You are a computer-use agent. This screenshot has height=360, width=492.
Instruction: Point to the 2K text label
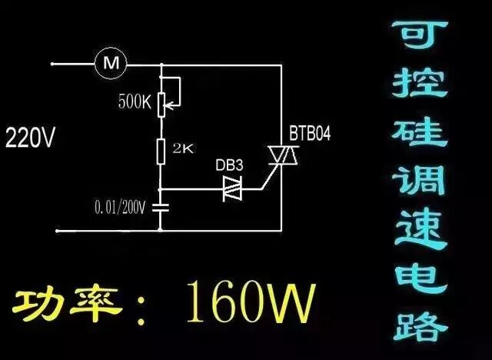183,148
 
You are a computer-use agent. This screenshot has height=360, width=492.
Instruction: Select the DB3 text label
231,164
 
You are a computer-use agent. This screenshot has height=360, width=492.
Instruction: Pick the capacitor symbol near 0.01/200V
161,207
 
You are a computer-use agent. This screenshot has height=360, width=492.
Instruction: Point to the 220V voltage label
30,139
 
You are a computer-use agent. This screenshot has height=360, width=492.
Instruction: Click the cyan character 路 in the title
418,323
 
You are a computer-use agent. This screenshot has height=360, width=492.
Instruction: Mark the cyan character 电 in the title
418,277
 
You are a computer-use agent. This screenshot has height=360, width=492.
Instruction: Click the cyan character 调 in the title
418,183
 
